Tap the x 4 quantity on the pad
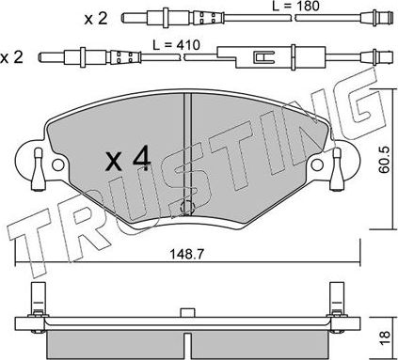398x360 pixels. coord(128,161)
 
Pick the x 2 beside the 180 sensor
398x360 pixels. coord(95,18)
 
